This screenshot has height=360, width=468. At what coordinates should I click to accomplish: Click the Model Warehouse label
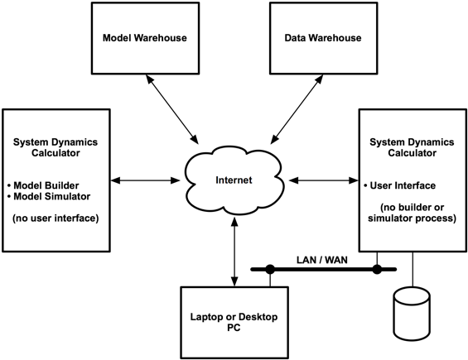coord(145,38)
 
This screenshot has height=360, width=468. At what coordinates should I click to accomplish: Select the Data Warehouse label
coord(323,38)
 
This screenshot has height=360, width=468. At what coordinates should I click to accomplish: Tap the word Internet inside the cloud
coord(234,180)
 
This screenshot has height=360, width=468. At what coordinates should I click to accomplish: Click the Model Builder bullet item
coord(43,185)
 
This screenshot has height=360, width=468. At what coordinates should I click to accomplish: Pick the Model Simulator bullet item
coord(49,197)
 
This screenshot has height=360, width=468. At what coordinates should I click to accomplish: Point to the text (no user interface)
coord(55,218)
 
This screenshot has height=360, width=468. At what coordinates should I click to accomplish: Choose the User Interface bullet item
coord(399,185)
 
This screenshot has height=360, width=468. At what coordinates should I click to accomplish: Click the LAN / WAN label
coord(322,260)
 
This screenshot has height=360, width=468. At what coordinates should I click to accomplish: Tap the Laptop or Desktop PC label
coord(234,322)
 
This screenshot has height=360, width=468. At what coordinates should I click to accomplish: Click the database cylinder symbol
coord(412,314)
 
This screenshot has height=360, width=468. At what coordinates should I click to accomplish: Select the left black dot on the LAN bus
coord(270,269)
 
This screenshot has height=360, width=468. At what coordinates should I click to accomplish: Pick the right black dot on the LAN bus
coord(377,269)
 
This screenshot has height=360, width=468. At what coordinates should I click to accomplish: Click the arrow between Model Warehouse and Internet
coord(171,109)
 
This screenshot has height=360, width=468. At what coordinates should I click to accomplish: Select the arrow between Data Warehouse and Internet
coord(297,109)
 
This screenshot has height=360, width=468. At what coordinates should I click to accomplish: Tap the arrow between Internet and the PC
coord(234,252)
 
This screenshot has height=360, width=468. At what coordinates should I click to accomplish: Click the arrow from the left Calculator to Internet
coord(145,180)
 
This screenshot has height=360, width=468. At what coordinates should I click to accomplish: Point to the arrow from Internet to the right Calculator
coord(324,180)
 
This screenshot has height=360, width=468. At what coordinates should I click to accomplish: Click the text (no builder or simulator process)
coord(413,213)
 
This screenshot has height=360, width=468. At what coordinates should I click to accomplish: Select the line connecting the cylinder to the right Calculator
coord(413,270)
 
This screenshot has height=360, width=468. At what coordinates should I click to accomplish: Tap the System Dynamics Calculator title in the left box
coord(55,147)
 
